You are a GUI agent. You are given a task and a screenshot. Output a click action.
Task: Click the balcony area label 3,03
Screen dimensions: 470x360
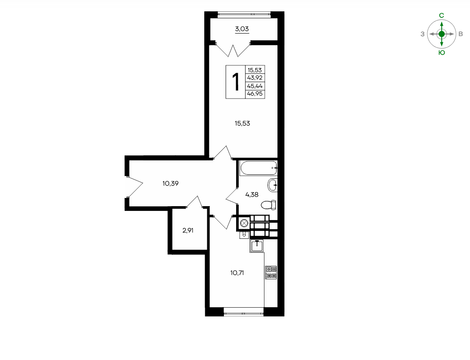click(242, 29)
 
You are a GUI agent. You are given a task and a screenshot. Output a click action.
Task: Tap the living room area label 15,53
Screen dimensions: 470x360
click(242, 123)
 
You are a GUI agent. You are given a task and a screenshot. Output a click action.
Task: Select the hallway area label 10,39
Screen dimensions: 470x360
click(171, 183)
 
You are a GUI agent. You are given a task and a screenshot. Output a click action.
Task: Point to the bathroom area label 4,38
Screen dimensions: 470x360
click(252, 194)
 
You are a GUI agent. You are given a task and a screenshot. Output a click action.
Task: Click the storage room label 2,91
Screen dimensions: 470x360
click(188, 231)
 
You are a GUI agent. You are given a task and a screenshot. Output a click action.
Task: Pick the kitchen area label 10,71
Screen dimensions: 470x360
click(237, 273)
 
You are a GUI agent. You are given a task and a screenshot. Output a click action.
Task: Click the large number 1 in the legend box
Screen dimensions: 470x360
click(236, 82)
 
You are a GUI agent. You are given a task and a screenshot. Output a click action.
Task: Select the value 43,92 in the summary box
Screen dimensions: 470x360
click(255, 78)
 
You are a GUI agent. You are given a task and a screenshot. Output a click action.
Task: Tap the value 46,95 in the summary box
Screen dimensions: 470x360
click(255, 94)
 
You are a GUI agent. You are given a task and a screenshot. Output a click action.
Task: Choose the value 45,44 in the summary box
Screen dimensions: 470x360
click(255, 86)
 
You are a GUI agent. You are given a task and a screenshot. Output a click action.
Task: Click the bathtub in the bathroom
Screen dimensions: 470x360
click(258, 168)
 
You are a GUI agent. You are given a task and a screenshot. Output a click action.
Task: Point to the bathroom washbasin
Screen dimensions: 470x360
click(273, 185)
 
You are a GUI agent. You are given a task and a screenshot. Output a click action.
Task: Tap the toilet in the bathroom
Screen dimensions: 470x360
click(269, 205)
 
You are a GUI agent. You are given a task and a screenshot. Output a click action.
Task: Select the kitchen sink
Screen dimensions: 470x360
click(257, 246)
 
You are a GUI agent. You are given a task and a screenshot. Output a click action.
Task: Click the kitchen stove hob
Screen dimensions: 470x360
click(271, 272)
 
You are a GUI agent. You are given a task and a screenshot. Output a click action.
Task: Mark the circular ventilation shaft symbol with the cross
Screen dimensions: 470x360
click(243, 223)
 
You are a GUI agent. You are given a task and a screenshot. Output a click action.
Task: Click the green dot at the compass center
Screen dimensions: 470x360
click(442, 34)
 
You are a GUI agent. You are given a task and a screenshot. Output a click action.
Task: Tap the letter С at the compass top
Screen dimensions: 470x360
click(442, 15)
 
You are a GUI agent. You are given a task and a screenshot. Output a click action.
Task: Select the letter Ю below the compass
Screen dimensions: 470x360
click(442, 53)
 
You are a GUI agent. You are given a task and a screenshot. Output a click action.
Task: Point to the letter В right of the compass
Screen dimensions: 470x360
click(461, 34)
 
